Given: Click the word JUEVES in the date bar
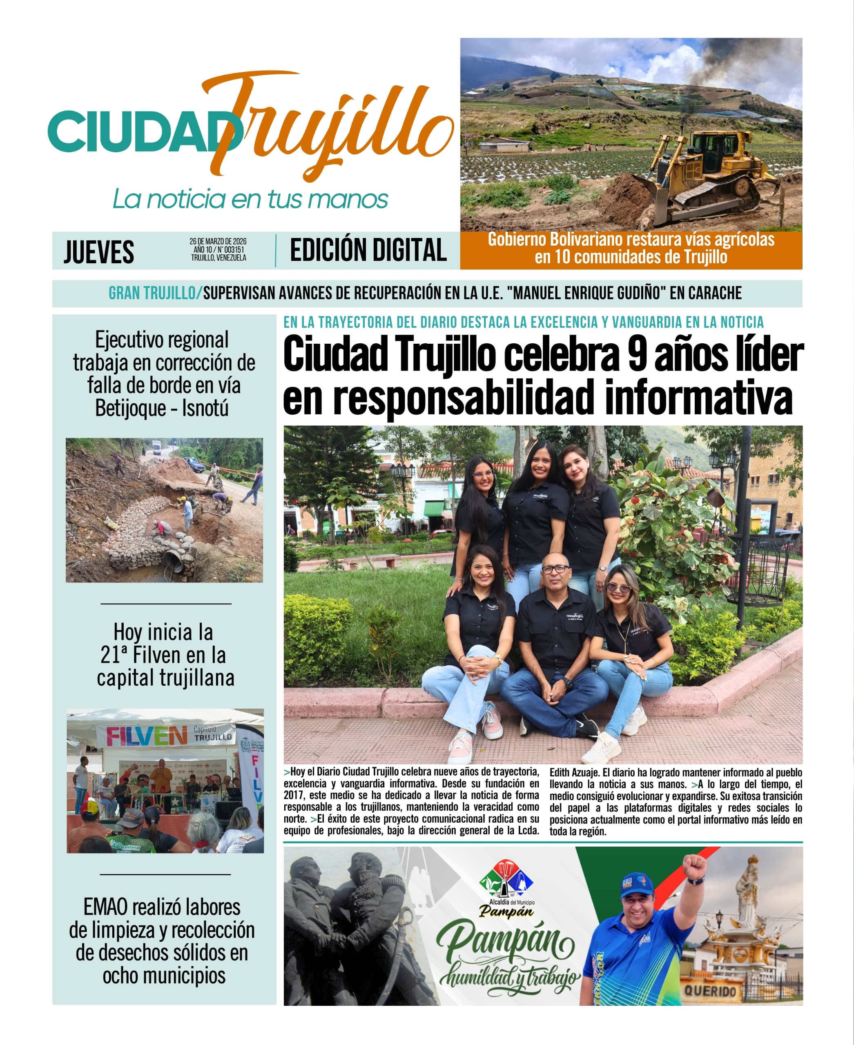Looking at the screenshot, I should tap(99, 252).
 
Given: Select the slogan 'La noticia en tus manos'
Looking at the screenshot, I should tap(250, 199).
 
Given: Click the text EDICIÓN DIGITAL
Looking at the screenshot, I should tap(368, 250).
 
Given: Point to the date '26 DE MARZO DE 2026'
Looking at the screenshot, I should tap(218, 242).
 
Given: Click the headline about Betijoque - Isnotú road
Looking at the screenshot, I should tap(164, 374).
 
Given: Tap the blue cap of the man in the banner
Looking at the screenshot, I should tap(637, 884).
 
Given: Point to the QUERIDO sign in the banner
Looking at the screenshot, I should tap(710, 990).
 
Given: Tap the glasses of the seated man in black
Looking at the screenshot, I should tap(555, 569).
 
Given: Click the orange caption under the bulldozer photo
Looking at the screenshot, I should tap(631, 248).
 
